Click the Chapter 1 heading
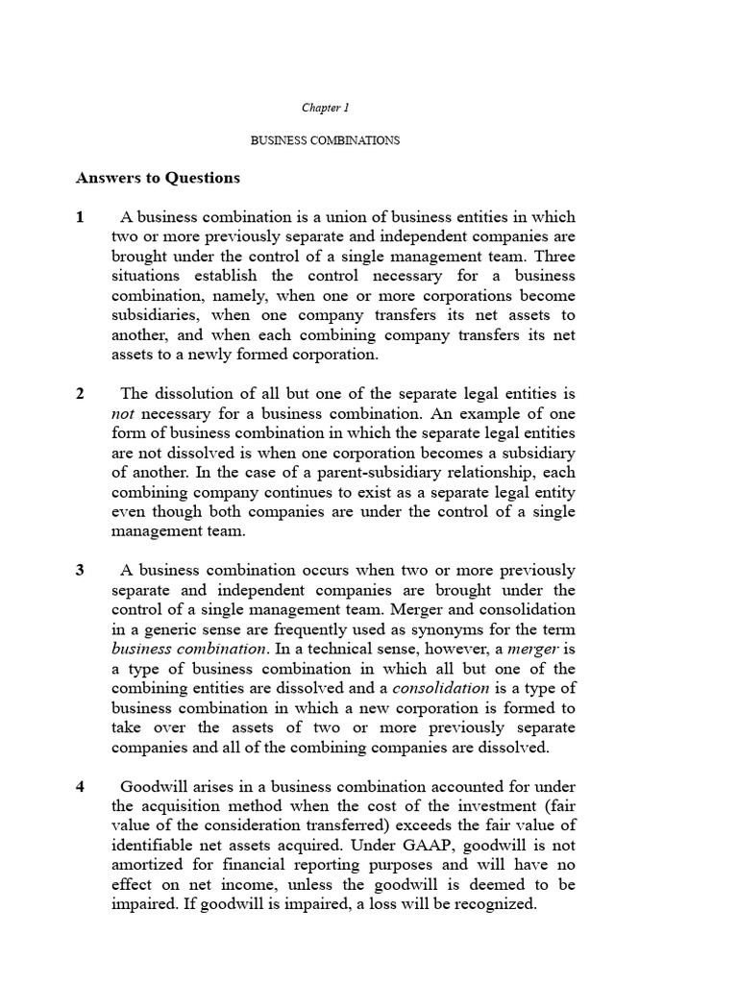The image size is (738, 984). coord(325,108)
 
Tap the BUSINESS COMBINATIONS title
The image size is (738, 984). coord(325,140)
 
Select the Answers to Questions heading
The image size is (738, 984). coord(158,178)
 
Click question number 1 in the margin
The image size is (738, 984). coord(81,217)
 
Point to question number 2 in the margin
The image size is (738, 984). coord(81,394)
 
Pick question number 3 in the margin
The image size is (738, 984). coord(81,570)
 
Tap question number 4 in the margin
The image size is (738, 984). coord(81,787)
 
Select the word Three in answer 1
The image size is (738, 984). coord(554,257)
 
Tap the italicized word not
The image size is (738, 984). coord(126,413)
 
